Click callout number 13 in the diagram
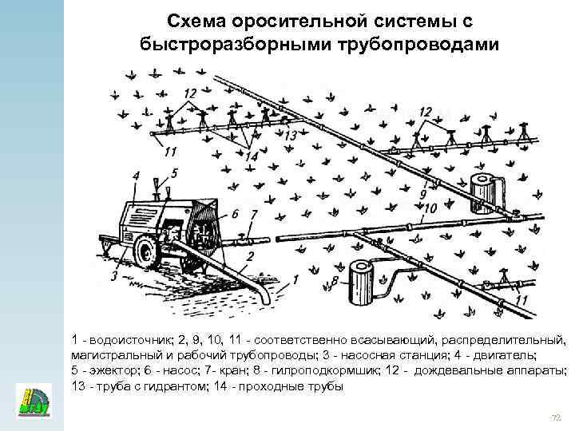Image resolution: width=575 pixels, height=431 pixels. [290, 136]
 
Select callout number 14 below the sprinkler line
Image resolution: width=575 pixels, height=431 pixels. [251, 157]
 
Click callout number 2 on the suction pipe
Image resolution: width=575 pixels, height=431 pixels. [250, 255]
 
